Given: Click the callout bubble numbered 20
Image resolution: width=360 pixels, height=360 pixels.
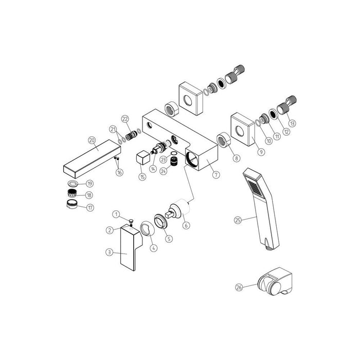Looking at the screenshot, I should point(92,140).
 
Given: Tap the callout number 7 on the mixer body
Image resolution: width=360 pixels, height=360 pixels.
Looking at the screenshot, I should point(216,175).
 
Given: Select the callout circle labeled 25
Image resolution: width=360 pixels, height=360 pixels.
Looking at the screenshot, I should point(237,220).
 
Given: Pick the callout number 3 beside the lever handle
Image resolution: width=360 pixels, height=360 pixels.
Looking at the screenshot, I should point(109,252).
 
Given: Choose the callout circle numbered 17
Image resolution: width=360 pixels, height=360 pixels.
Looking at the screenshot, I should point(91,208).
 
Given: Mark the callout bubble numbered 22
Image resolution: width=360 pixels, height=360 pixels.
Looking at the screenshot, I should point(125,119).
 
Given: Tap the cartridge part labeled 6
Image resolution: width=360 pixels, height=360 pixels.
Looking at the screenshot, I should point(176,211).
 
